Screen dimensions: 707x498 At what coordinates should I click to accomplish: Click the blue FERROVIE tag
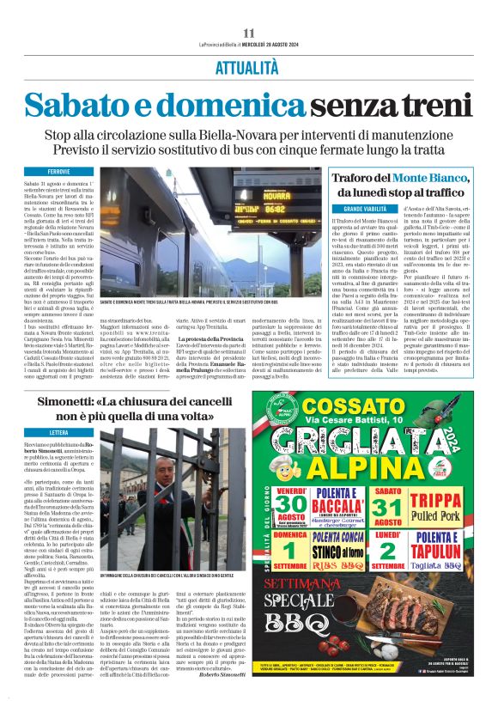[x=61, y=172]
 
